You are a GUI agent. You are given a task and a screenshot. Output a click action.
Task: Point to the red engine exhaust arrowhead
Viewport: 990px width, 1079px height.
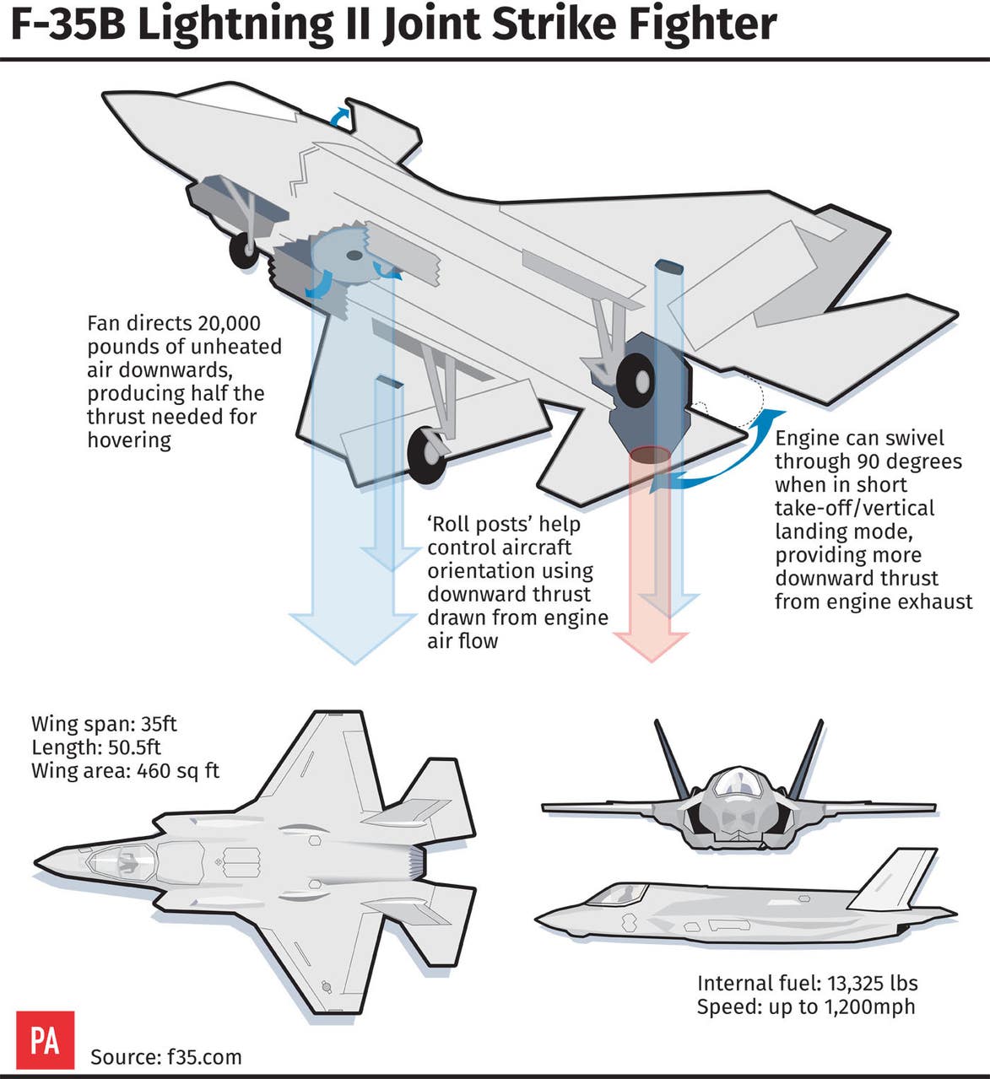coord(650,641)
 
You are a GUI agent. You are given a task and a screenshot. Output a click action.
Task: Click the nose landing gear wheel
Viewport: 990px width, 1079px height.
coord(245,249)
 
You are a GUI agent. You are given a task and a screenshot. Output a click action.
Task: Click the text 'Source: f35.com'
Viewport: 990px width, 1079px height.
coord(165,1057)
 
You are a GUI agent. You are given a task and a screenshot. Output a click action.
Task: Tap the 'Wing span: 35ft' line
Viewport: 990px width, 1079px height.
coord(104,724)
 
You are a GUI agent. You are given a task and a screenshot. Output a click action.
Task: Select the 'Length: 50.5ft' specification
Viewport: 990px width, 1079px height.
coord(95,747)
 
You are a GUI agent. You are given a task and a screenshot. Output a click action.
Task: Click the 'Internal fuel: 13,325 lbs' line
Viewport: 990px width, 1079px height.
coord(807,983)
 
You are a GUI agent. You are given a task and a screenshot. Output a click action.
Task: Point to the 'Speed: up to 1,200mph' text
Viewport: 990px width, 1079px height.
coord(805,1006)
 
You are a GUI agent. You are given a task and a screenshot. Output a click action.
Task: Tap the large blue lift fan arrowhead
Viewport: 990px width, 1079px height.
coord(353,637)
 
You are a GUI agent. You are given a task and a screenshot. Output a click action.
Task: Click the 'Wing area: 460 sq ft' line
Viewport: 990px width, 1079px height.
coord(125,770)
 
